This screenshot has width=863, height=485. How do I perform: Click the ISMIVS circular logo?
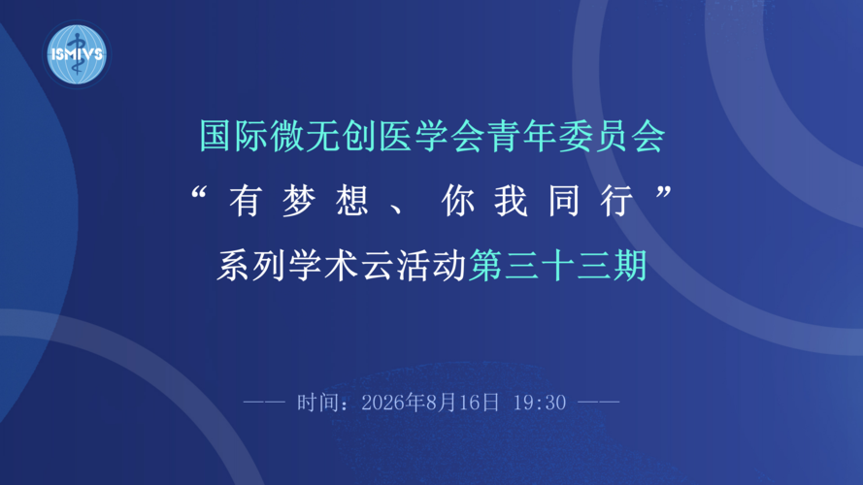[x=77, y=54]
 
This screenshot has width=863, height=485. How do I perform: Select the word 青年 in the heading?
[x=503, y=135]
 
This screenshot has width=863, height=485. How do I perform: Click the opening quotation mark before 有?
[x=198, y=193]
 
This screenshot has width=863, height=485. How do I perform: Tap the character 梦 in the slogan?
[x=299, y=201]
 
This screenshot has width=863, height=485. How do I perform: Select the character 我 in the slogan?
[x=512, y=201]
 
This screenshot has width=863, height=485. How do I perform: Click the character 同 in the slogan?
[x=564, y=201]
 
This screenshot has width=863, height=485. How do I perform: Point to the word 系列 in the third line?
[x=251, y=266]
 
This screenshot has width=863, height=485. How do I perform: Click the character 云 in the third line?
[x=378, y=266]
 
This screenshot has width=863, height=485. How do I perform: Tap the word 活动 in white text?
[x=431, y=266]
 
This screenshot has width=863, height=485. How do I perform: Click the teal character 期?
[x=629, y=266]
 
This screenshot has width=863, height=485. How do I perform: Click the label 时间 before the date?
[x=318, y=403]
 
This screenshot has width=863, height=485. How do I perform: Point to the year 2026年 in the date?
[x=392, y=403]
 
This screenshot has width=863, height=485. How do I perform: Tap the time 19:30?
[x=540, y=403]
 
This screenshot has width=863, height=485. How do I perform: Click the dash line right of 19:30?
[x=599, y=403]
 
